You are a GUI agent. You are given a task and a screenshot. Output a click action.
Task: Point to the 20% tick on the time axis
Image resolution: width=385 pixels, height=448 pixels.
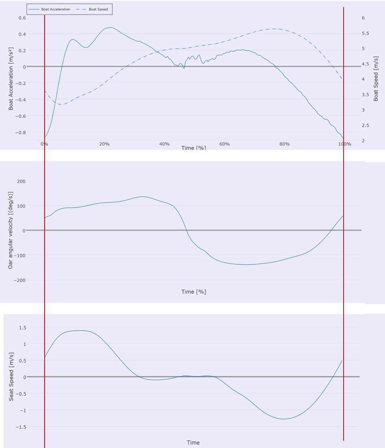(104, 144)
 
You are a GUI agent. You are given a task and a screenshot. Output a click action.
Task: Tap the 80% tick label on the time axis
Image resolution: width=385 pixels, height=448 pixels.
(284, 144)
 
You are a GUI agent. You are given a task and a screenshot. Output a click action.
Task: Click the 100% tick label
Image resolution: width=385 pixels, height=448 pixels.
(344, 144)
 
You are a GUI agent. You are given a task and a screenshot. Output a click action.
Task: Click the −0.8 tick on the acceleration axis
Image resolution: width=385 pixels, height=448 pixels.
(19, 132)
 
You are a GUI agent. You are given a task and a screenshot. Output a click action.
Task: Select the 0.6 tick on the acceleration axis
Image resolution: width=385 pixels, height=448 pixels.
(21, 18)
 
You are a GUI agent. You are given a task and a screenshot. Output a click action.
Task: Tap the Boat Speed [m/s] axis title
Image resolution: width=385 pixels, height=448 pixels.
(376, 79)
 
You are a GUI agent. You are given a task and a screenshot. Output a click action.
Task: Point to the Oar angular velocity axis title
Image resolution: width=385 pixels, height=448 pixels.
(11, 230)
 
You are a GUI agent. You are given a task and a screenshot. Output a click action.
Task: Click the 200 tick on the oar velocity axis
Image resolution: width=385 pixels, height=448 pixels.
(21, 181)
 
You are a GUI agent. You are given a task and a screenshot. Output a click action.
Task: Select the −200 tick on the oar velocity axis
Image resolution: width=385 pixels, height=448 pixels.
(19, 280)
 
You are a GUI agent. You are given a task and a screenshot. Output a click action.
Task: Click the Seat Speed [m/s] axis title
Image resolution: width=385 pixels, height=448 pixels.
(11, 376)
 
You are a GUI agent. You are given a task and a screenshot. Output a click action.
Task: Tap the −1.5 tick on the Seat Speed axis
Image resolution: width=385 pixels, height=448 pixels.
(20, 427)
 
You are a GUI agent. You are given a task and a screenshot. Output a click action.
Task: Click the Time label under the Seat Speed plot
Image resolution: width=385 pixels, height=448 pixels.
(193, 442)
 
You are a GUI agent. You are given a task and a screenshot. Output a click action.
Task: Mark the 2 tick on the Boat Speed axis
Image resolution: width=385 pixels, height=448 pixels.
(363, 141)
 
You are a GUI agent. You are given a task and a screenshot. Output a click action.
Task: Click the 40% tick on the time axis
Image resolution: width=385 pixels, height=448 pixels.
(164, 144)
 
